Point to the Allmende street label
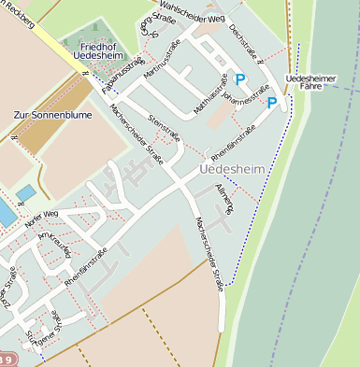tap(225, 199)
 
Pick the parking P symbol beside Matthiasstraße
tap(240, 80)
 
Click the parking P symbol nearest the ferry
tap(272, 102)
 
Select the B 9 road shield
tap(7, 359)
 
